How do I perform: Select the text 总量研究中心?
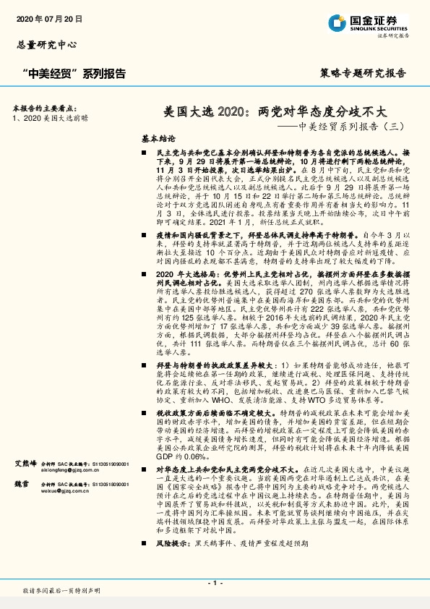(x=46, y=44)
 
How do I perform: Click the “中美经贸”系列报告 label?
(x=74, y=73)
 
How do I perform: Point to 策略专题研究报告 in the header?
(x=363, y=73)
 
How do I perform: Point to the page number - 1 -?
(x=215, y=582)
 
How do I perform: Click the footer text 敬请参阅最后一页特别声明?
(x=61, y=592)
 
